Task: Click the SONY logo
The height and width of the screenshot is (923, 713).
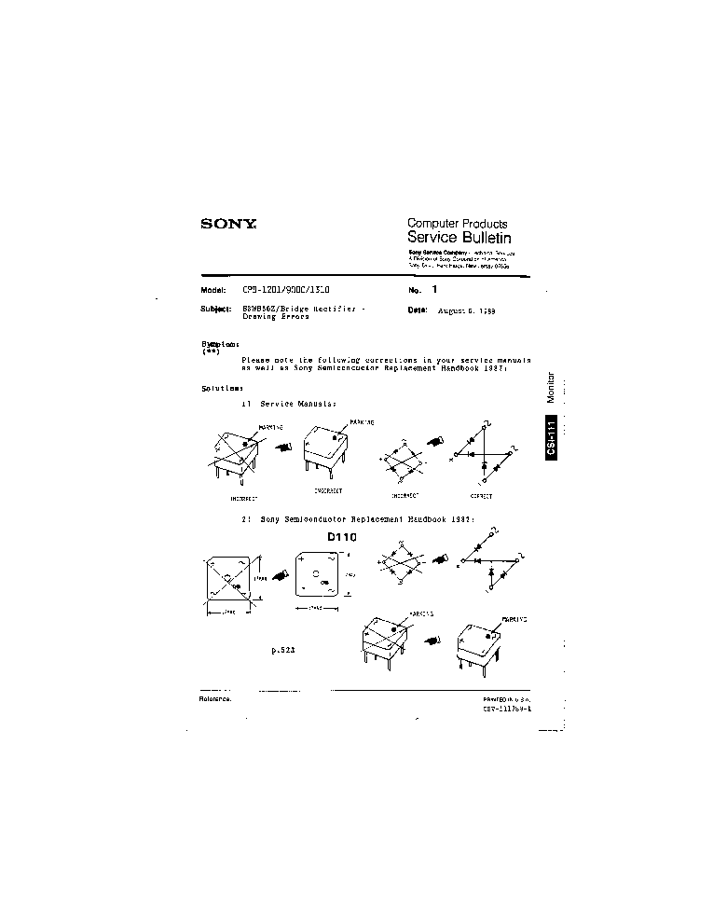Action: (228, 224)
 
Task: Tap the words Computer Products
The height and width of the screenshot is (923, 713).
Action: (457, 224)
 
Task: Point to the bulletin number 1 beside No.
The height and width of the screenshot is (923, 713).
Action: (433, 290)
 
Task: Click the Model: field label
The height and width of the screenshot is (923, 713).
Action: (214, 290)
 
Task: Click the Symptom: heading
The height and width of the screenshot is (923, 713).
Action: (220, 344)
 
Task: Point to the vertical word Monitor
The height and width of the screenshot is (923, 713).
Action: (551, 394)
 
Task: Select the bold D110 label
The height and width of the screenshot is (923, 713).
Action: (342, 537)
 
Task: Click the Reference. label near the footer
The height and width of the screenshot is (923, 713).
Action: (215, 697)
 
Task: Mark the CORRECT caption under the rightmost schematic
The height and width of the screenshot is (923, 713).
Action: (480, 496)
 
